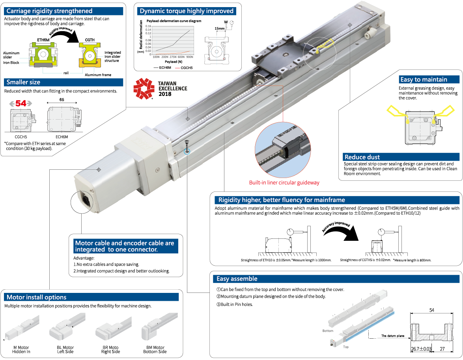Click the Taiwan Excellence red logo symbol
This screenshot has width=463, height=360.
pos(143,88)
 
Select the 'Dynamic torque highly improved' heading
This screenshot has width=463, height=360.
pos(187,11)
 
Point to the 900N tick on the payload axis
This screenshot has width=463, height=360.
pos(190,57)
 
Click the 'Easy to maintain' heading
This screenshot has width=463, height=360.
pos(423,79)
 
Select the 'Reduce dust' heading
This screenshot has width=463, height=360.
pos(362,157)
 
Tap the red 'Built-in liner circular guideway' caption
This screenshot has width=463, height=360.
pos(284,183)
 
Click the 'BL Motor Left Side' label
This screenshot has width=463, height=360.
pos(65,349)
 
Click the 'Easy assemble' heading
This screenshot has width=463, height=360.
pos(237,279)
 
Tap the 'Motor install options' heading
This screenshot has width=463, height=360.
pos(36,297)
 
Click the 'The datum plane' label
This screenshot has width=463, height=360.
pos(392,336)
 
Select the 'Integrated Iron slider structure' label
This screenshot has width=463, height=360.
pos(113,57)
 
